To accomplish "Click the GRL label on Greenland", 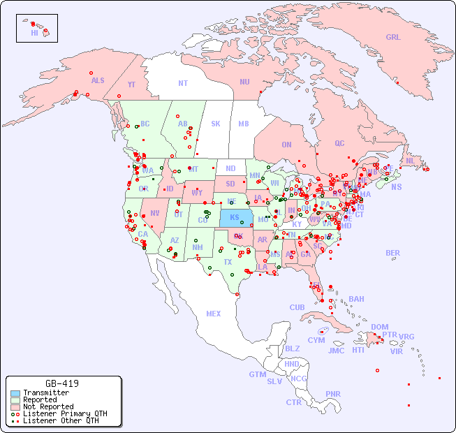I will pos(393,38).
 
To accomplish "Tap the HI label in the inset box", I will pos(34,33).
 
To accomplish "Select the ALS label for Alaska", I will pos(98,80).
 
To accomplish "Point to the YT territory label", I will pos(131,85).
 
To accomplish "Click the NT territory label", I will pos(182,83).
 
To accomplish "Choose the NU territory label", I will pos(244,82).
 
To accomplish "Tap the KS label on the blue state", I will pos(235,217).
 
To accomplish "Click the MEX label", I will pos(214,314).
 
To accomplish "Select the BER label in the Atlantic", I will pos(393,253).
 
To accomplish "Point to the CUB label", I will pos(297,307).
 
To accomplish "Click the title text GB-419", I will pos(62,383).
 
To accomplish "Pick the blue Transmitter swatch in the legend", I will pos(15,393).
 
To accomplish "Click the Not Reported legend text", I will pos(48,406).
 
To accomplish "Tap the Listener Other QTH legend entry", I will pos(60,420).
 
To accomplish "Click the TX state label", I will pos(228,262).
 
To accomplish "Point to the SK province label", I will pos(216,124).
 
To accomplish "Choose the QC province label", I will pos(339,143).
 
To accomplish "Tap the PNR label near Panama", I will pos(333,394).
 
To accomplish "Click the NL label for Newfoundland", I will pos(410,161).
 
